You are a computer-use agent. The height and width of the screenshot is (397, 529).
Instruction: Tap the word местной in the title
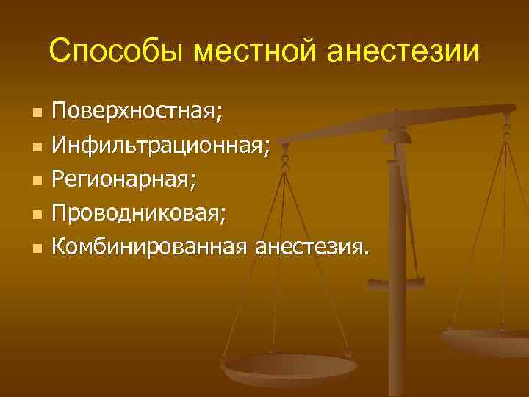(x=241, y=52)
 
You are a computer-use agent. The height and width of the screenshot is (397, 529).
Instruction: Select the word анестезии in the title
(x=403, y=52)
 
